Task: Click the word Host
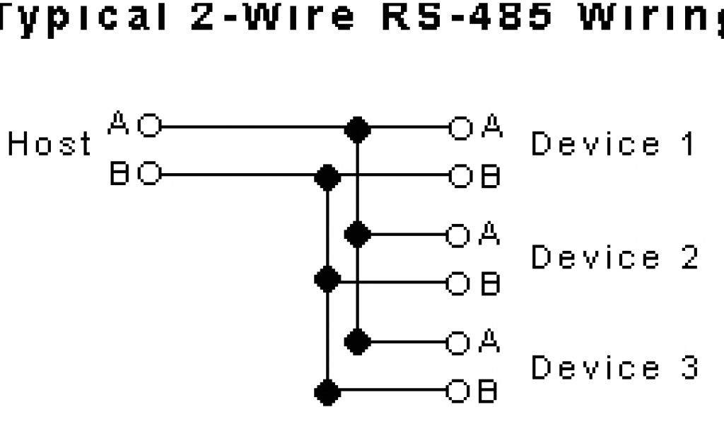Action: point(49,145)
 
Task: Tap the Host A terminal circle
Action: point(149,128)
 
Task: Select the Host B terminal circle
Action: point(149,175)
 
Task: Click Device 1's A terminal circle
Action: point(460,128)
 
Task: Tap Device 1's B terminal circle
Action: point(460,175)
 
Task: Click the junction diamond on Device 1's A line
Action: point(357,128)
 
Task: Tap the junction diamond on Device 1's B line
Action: point(327,175)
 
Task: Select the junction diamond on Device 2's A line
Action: point(357,233)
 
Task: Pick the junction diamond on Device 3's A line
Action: point(357,342)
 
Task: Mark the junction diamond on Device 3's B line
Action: point(327,390)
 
